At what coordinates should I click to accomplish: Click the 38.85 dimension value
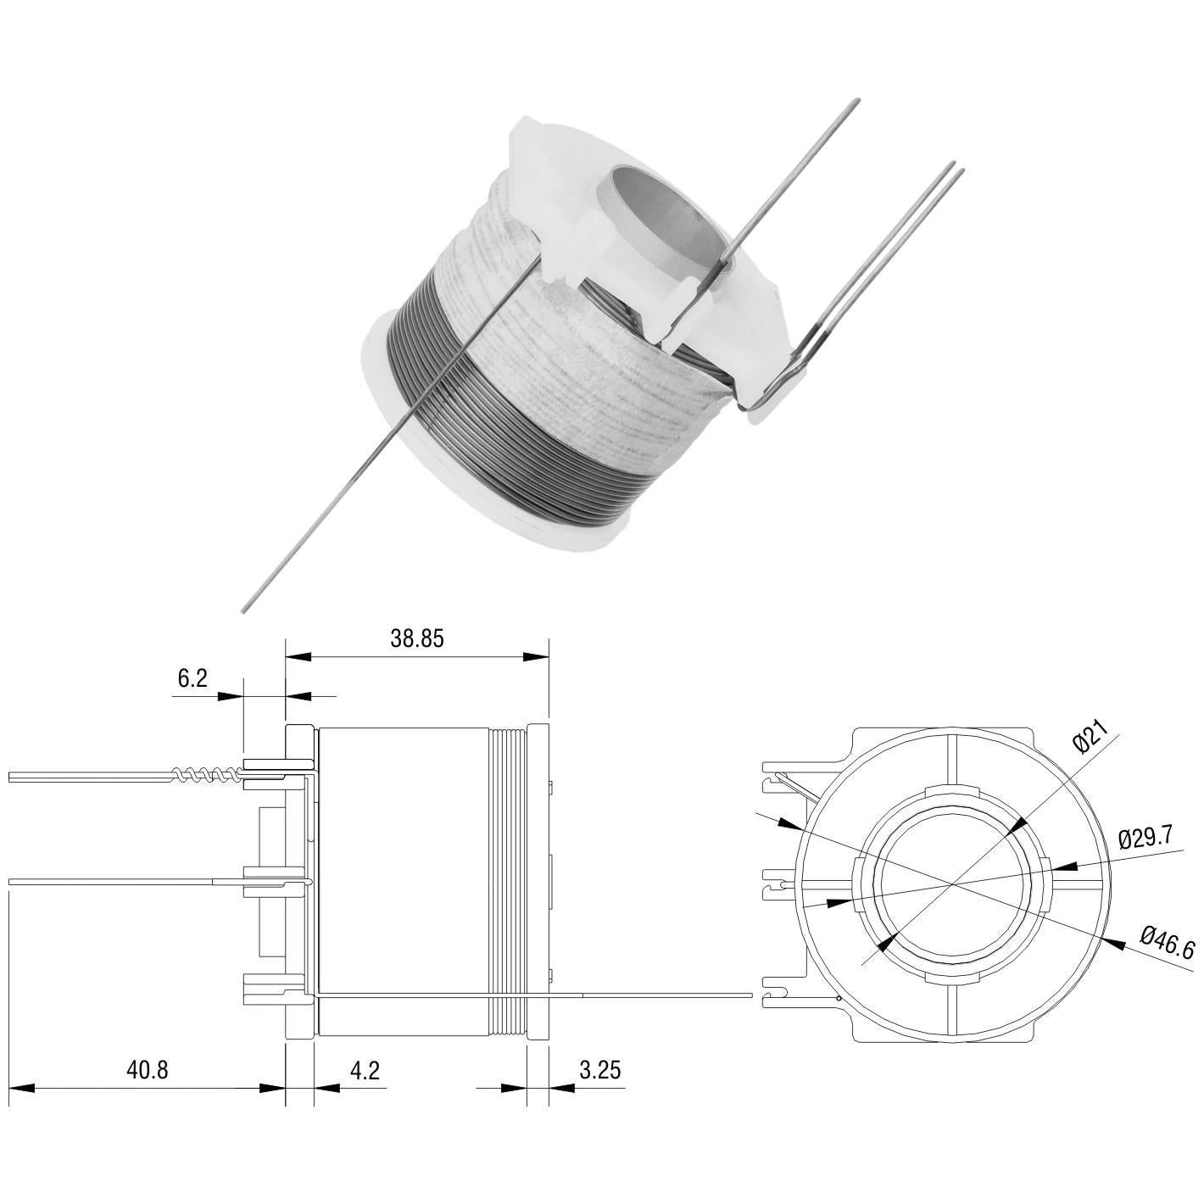tap(417, 639)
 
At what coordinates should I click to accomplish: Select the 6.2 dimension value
tap(192, 678)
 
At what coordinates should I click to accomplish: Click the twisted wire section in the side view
tap(205, 775)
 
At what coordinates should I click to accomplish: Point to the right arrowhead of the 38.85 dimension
tap(536, 656)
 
